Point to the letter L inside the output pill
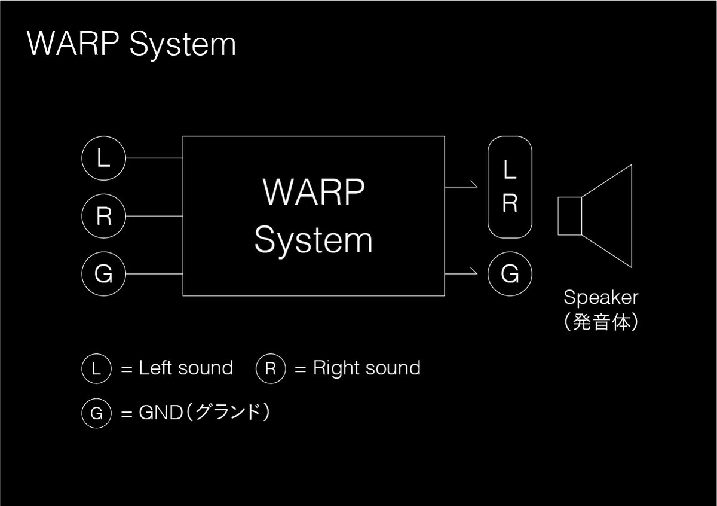coord(510,169)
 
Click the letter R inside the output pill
coord(510,203)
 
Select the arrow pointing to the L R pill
coord(461,187)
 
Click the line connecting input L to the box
coord(154,158)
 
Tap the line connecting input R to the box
coord(154,216)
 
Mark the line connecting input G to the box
coord(154,274)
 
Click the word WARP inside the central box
coord(314,192)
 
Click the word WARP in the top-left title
coord(73,44)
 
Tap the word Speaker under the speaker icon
coord(601,298)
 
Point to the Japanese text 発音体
coord(601,322)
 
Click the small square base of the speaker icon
coord(570,216)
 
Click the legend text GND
coord(161,413)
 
